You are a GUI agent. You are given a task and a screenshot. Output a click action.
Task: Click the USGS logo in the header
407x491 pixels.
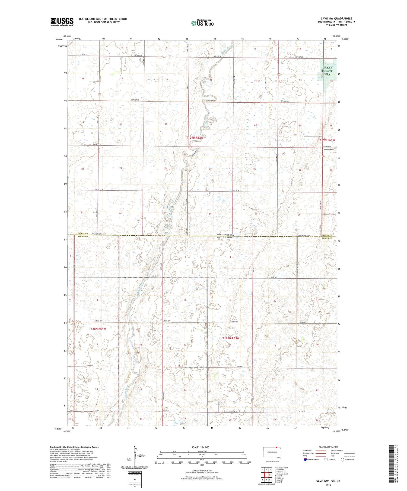62,22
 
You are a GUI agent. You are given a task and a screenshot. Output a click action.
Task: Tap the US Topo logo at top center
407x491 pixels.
202,23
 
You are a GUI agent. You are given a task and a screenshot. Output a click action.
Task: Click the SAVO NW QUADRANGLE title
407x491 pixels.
336,18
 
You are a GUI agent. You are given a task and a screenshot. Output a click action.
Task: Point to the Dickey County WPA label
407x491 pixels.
327,71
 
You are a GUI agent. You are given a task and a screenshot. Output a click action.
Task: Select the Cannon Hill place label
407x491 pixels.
328,149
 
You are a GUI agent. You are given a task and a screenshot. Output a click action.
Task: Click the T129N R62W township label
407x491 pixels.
195,138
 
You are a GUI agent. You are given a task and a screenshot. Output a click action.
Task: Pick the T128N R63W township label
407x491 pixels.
231,338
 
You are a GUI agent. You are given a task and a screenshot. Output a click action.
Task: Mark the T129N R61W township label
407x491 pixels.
326,140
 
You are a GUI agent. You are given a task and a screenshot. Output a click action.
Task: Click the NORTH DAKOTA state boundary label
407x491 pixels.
225,235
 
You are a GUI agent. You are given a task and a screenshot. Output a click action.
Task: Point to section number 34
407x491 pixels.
210,214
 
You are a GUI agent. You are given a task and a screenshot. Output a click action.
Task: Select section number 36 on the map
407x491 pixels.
299,214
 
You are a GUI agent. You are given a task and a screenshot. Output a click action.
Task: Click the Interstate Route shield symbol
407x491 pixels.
305,460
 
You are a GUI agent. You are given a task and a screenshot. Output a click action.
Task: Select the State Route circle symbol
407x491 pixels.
342,460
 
